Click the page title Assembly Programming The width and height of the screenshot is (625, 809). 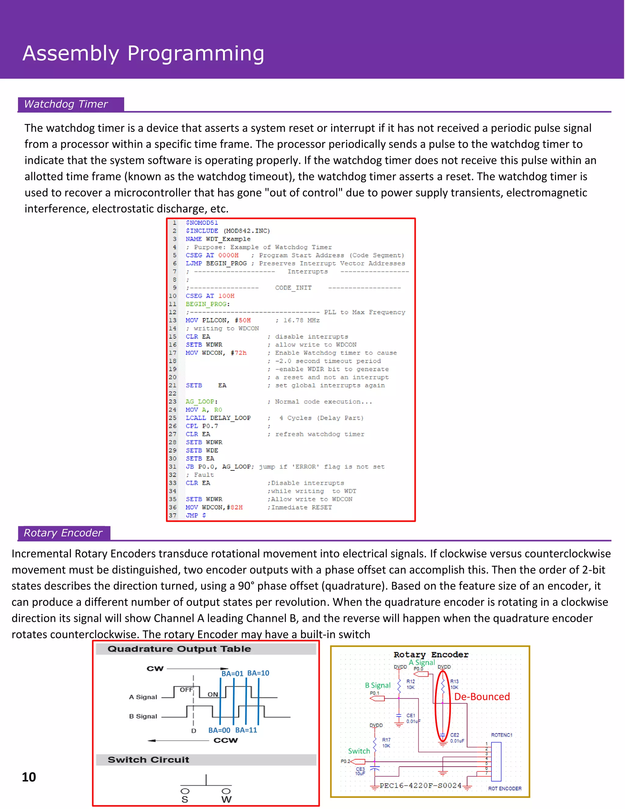pyautogui.click(x=143, y=53)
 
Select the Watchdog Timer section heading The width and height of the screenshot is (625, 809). pyautogui.click(x=66, y=104)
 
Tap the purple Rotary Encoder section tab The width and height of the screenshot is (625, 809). pyautogui.click(x=63, y=533)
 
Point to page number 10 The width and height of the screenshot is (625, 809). pyautogui.click(x=29, y=777)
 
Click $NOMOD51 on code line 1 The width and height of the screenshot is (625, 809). pyautogui.click(x=202, y=223)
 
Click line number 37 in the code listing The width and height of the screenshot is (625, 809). pyautogui.click(x=172, y=516)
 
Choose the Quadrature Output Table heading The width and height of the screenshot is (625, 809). pyautogui.click(x=179, y=649)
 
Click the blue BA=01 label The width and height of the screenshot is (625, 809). pyautogui.click(x=232, y=674)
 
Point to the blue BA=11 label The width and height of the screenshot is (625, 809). pyautogui.click(x=246, y=730)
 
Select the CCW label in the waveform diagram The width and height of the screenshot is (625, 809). pyautogui.click(x=226, y=741)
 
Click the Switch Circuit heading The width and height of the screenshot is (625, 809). pyautogui.click(x=148, y=760)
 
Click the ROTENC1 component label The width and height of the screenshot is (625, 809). pyautogui.click(x=501, y=735)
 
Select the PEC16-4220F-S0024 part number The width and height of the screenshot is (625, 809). pyautogui.click(x=421, y=785)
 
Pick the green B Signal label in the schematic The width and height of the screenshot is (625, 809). pyautogui.click(x=378, y=685)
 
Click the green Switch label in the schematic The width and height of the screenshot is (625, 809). pyautogui.click(x=359, y=751)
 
